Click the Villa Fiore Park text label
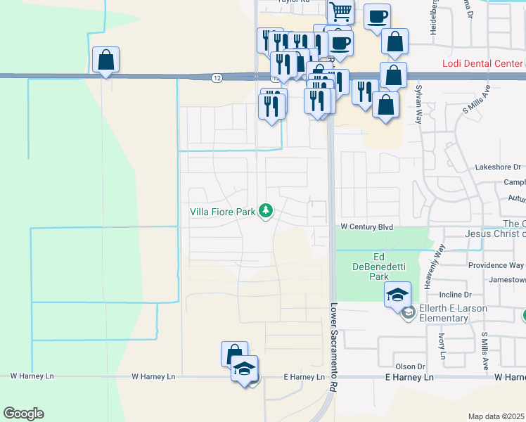tap(223, 211)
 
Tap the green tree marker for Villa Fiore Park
tap(266, 210)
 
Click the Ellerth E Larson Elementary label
tap(444, 313)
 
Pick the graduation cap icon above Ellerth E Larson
tap(397, 293)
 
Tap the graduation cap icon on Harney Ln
tap(244, 369)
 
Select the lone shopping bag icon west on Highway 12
tap(105, 60)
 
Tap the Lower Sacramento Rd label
tap(333, 348)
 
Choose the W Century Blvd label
tap(366, 227)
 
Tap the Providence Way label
tap(496, 265)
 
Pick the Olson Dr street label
tap(411, 366)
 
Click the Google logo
tap(23, 414)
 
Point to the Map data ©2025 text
tap(496, 416)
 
